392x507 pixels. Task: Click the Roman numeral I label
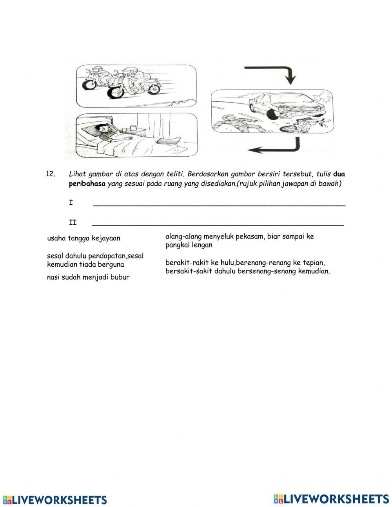(71, 203)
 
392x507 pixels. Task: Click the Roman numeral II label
(73, 223)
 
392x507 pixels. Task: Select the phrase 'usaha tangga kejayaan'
(83, 238)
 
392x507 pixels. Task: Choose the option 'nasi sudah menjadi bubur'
(88, 277)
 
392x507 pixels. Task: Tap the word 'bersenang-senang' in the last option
(266, 271)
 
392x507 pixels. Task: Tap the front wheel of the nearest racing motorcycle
(116, 93)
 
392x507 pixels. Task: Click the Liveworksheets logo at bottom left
(55, 500)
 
